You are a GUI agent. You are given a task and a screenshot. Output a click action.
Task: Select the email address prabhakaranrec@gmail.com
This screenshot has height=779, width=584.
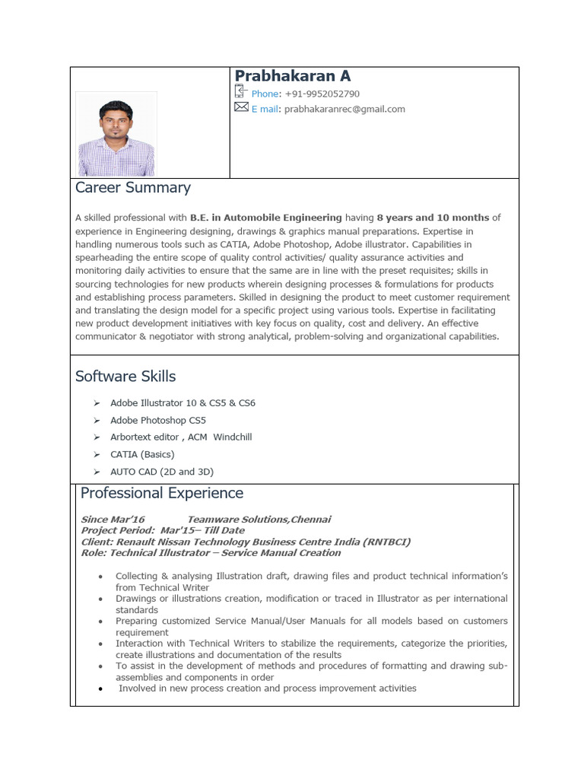[344, 109]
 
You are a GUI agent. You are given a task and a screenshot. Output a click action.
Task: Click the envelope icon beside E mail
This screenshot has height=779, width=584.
[241, 108]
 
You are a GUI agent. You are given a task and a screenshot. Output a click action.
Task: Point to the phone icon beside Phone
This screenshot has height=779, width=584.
[241, 92]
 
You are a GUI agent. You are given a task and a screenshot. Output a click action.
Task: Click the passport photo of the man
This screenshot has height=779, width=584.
[116, 135]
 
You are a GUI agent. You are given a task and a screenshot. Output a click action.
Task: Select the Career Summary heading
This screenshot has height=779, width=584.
[133, 188]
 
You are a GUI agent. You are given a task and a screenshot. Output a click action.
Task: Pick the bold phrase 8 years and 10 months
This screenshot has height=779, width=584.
[433, 218]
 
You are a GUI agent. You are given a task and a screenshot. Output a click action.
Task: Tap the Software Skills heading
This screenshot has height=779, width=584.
[125, 377]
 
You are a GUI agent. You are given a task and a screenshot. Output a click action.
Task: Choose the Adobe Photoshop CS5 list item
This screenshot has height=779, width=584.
[158, 420]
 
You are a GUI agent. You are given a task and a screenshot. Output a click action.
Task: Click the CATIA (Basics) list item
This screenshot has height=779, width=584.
[142, 454]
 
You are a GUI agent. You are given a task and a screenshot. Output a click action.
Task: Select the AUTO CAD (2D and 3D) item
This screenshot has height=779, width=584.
[162, 472]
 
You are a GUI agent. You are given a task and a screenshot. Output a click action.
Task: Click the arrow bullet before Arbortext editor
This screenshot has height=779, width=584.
[97, 437]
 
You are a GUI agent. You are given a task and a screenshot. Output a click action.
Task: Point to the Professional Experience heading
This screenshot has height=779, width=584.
[162, 493]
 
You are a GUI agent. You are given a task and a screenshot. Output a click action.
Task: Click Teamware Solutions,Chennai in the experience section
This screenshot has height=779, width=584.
[259, 519]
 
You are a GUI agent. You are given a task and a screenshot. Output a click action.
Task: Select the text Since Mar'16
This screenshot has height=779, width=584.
[113, 519]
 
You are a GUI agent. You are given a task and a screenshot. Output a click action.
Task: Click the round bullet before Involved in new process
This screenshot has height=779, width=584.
[100, 688]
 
